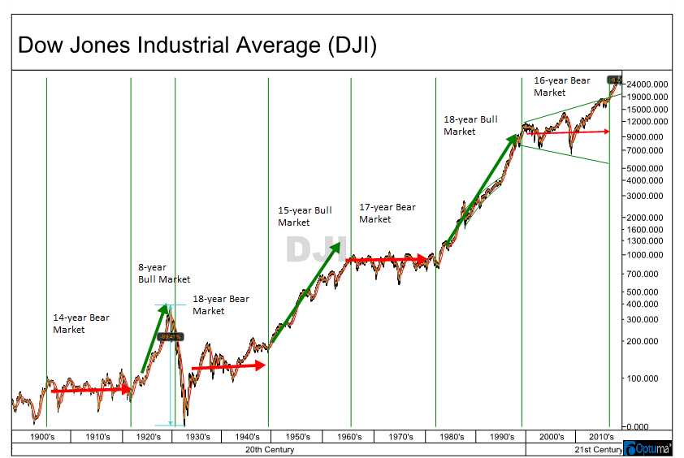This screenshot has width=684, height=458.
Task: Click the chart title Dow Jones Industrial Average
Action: click(x=197, y=45)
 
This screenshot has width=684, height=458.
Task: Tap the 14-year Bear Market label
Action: click(x=81, y=323)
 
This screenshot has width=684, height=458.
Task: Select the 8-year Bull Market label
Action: click(x=164, y=273)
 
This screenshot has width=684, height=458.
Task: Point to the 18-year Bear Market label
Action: click(x=221, y=305)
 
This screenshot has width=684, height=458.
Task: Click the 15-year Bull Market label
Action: click(x=305, y=216)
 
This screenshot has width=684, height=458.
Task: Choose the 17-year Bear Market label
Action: click(x=387, y=213)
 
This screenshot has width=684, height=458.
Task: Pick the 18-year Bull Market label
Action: click(x=470, y=125)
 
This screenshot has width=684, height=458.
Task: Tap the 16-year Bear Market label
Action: click(x=562, y=86)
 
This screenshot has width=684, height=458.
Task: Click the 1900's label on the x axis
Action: click(x=41, y=437)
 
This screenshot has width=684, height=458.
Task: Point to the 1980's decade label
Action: click(x=452, y=437)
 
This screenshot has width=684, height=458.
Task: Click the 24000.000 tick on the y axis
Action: click(x=647, y=84)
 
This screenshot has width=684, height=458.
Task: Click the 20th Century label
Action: click(x=268, y=448)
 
